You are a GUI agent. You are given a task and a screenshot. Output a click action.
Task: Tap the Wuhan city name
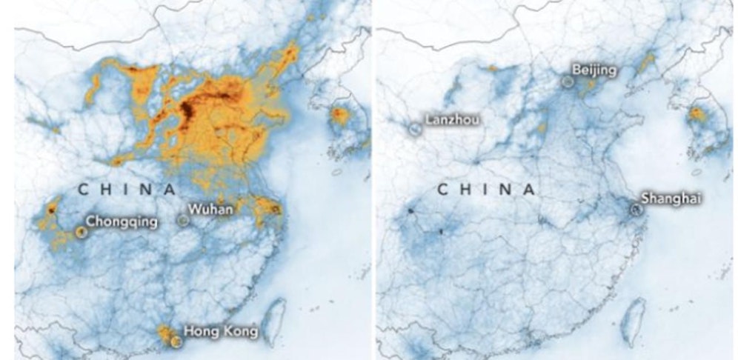click(x=210, y=210)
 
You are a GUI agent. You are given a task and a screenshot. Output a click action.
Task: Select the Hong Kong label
click(x=221, y=331)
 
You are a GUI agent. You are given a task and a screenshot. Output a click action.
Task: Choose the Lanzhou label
click(x=452, y=119)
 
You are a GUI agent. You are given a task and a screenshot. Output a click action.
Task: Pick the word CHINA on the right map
click(x=486, y=190)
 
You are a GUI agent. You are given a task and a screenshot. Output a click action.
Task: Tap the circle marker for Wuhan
click(x=183, y=219)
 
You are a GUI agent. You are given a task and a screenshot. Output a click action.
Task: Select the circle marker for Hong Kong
click(x=175, y=341)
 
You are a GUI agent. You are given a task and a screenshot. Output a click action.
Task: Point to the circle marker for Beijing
click(x=568, y=81)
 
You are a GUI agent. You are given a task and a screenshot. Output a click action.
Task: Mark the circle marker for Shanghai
click(x=635, y=210)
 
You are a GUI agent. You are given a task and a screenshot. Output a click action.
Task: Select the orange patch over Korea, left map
click(x=339, y=116)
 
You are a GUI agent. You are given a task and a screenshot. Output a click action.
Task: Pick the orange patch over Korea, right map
click(x=697, y=114)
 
